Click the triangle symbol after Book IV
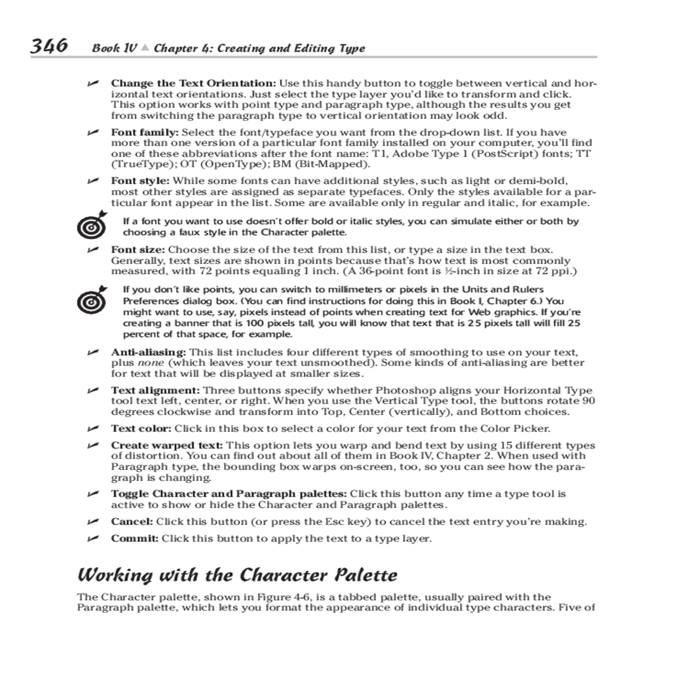145,48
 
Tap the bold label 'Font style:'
140,181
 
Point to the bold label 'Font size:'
138,250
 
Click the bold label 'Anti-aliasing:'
148,352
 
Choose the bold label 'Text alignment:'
155,390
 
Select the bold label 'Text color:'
141,428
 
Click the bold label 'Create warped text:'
167,445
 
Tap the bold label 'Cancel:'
132,521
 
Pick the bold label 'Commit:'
134,538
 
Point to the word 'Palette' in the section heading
366,575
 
